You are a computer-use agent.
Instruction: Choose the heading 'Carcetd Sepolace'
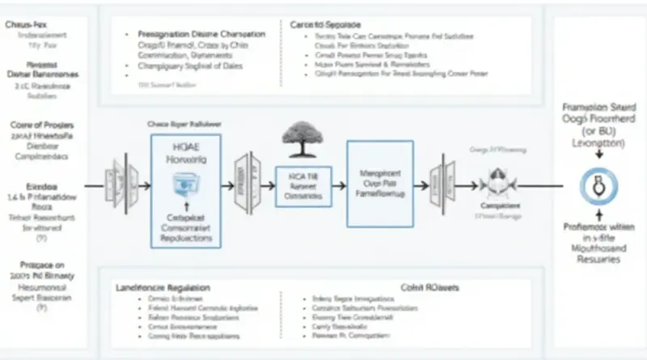pos(326,25)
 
